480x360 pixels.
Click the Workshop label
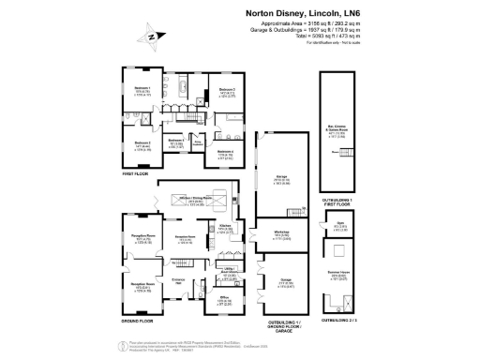pyautogui.click(x=280, y=235)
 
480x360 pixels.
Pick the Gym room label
pyautogui.click(x=339, y=224)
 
